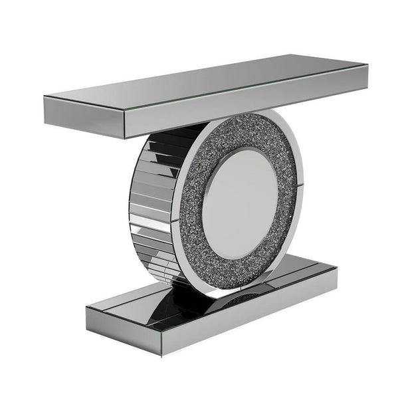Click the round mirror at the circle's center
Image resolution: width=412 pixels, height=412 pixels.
[239, 199]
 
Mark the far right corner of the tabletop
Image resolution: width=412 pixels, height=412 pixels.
[366, 65]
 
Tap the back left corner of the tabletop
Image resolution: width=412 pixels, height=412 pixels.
[45, 96]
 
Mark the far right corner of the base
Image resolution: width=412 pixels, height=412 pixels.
[337, 268]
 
